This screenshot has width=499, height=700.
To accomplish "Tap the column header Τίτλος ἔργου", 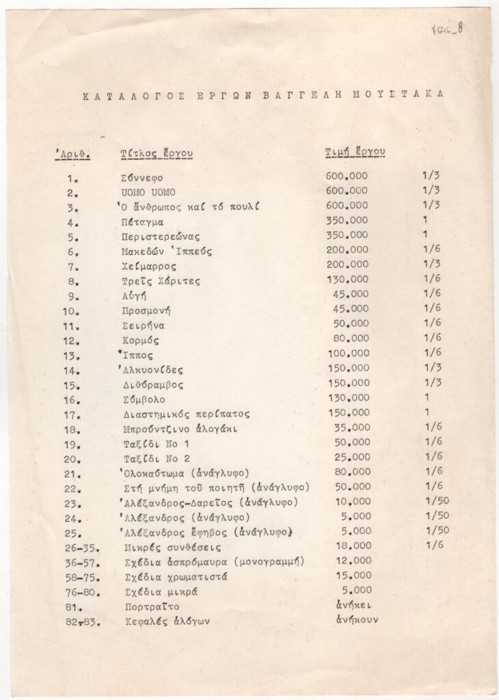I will pos(156,154).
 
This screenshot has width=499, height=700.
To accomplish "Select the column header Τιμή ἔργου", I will pos(355,152).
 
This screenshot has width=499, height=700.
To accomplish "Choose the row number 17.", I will pos(74,414).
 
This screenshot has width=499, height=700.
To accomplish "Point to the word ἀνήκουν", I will pos(356,620).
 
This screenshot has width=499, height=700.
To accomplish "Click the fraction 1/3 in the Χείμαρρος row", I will pos(431,264).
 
